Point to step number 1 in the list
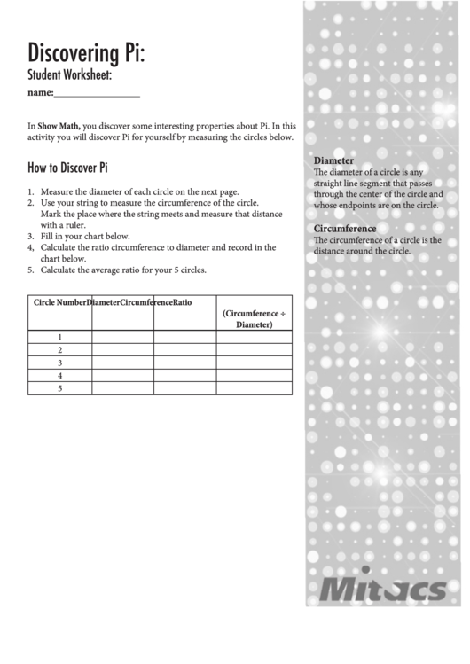coord(31,191)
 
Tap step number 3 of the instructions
coord(31,237)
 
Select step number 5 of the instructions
coord(31,270)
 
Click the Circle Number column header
coord(59,302)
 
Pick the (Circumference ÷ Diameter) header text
coord(255,319)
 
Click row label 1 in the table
coord(59,337)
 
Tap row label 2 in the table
coord(59,350)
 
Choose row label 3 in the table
coord(59,363)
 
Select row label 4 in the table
coord(59,376)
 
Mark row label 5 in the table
coord(59,388)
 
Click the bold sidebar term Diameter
coord(335,160)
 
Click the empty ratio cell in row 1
coord(255,337)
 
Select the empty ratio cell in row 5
coord(255,388)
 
